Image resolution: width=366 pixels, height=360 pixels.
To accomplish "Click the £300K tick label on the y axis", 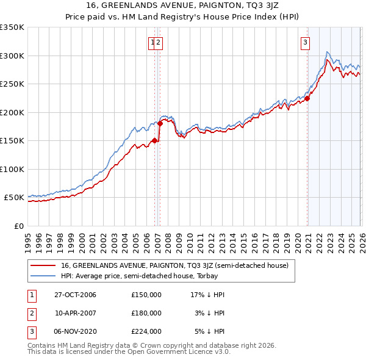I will pos(12,56).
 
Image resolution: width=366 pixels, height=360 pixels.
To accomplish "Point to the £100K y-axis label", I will pos(12,169).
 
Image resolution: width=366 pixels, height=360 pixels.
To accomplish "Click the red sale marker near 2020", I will pos(307,98).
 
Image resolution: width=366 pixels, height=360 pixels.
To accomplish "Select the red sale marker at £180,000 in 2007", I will pos(160,123).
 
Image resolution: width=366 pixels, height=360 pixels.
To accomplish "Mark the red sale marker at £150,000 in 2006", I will pos(155,140).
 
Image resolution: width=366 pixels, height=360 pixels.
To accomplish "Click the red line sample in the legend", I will pos(43,265).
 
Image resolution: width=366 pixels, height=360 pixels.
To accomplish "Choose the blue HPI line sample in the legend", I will pos(43,276).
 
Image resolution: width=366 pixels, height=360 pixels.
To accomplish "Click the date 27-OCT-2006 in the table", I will pos(75,295).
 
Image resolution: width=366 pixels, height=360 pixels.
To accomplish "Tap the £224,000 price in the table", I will pos(146,331).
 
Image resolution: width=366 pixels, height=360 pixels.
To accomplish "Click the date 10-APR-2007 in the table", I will pos(75,313).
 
